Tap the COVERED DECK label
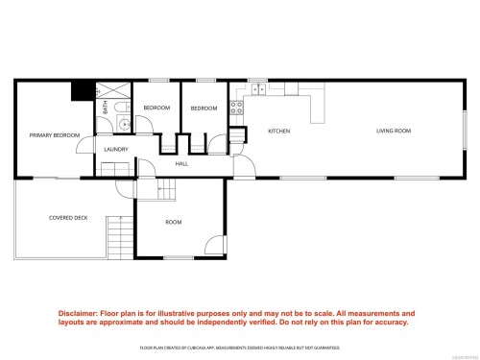68,218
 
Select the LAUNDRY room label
116,149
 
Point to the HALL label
181,163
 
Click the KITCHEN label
278,131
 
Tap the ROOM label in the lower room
174,222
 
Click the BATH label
106,108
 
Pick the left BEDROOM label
156,108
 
